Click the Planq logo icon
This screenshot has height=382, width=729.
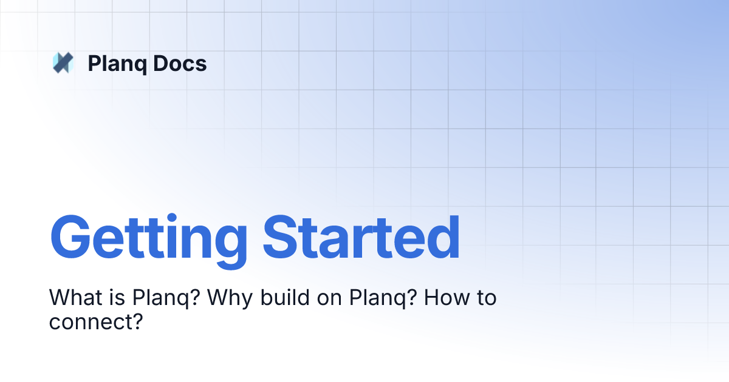(63, 63)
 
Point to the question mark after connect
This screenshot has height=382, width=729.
(136, 321)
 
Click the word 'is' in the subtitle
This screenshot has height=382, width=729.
(119, 298)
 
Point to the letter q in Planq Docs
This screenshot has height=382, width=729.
(139, 65)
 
